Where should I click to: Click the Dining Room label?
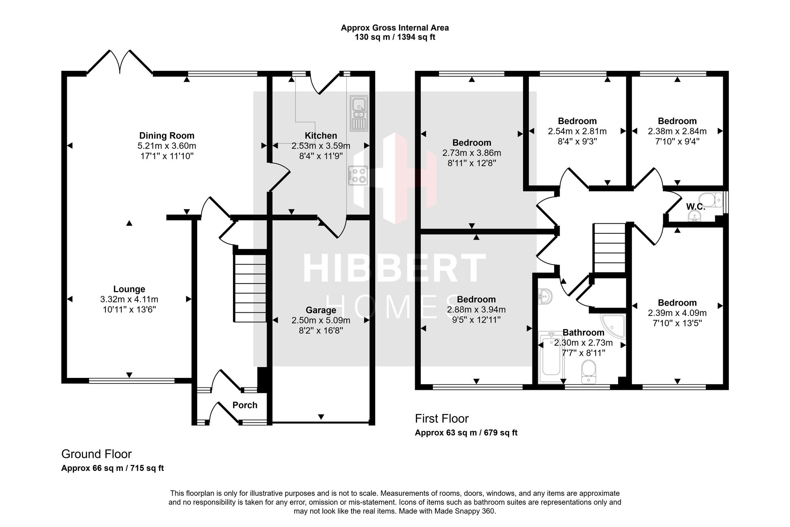tap(167, 136)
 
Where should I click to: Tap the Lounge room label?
tap(129, 289)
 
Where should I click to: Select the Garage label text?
tap(321, 310)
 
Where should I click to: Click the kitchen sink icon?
tap(359, 113)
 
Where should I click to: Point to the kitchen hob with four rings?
tap(358, 176)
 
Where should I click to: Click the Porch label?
tap(245, 405)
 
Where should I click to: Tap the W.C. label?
tap(696, 206)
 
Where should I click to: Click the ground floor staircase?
tap(250, 288)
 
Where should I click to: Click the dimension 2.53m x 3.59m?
tap(321, 146)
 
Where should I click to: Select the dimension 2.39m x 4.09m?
tap(677, 313)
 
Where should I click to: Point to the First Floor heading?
tap(442, 418)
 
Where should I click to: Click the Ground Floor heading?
tap(96, 454)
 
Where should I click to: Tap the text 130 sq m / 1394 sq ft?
tap(395, 38)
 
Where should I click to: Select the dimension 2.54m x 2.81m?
tap(577, 131)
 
